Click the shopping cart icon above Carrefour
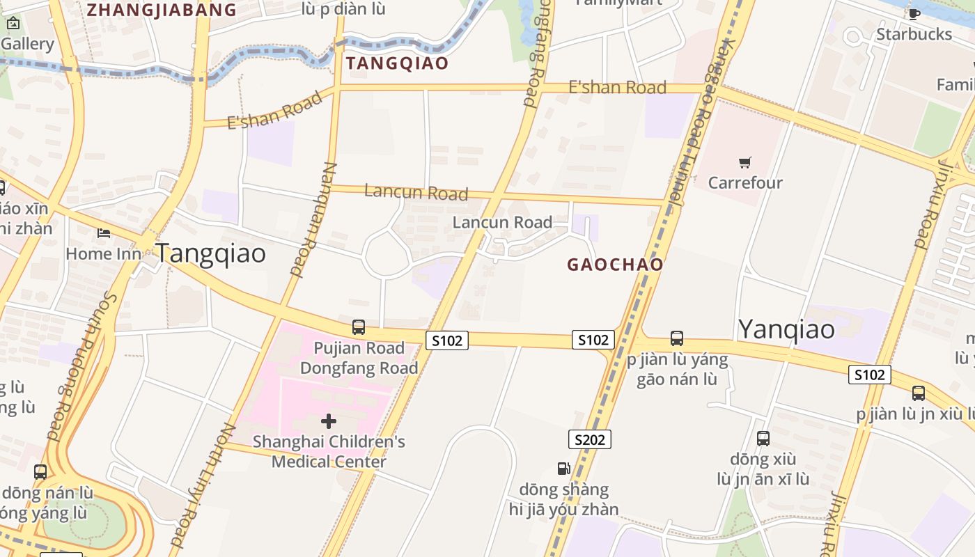(745, 163)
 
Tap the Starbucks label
(914, 34)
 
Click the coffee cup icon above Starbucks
(914, 14)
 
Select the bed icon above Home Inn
(104, 233)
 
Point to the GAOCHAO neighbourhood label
(615, 265)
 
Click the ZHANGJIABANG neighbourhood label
(162, 10)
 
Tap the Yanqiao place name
(786, 329)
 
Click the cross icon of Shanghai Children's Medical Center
(329, 421)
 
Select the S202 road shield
(590, 439)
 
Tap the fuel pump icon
(563, 469)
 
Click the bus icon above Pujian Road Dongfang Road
(359, 327)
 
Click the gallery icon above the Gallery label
(13, 23)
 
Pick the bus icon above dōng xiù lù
(763, 439)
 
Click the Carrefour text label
(745, 182)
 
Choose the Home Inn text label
(103, 253)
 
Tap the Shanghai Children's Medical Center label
(329, 451)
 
